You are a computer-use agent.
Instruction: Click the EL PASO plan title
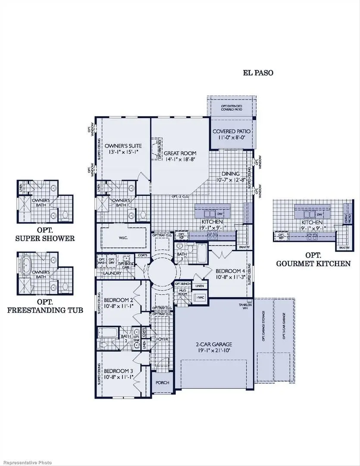click(x=258, y=73)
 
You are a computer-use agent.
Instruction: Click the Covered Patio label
click(x=232, y=131)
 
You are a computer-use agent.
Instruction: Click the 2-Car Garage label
click(x=214, y=344)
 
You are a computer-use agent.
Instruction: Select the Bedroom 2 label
click(x=116, y=300)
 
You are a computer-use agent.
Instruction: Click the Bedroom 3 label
click(x=116, y=371)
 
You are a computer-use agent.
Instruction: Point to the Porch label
click(x=163, y=383)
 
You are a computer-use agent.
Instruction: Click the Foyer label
click(x=162, y=339)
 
